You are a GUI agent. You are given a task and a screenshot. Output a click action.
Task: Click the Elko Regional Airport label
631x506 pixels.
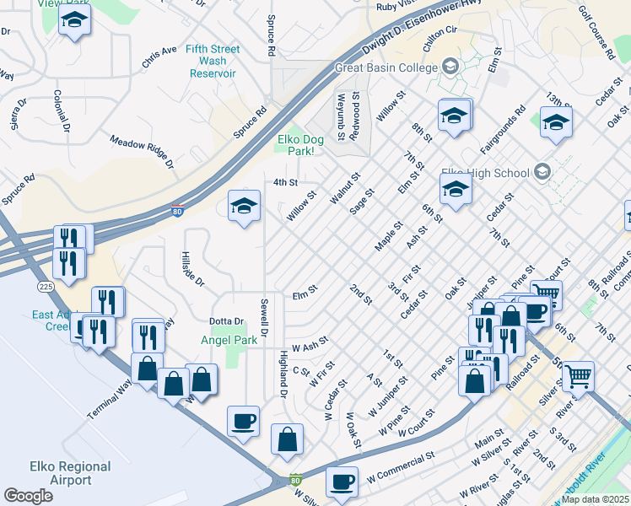(70, 473)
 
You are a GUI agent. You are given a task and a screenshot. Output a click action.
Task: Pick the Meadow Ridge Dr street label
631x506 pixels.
(141, 149)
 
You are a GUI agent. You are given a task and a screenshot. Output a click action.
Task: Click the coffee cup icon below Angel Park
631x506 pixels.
(244, 421)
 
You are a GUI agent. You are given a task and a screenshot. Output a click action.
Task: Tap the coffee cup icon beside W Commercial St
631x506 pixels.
(342, 482)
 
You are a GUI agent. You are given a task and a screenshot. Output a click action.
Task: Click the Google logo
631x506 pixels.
(28, 496)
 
